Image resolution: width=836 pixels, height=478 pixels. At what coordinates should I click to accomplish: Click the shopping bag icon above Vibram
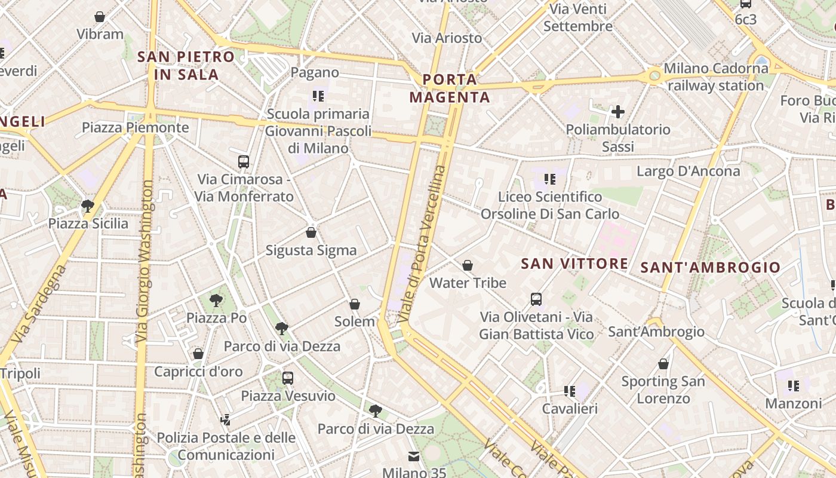[100, 17]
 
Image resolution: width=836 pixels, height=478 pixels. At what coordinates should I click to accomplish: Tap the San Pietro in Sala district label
[186, 66]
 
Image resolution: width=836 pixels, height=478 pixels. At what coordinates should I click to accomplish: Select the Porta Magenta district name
[450, 88]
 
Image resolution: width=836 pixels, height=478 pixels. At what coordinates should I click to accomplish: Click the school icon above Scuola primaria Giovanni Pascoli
[318, 95]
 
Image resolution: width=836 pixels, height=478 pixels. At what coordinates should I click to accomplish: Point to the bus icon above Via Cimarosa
[244, 161]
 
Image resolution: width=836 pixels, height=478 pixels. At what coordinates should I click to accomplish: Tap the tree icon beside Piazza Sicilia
[88, 206]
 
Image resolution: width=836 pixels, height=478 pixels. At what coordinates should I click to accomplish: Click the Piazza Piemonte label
[135, 127]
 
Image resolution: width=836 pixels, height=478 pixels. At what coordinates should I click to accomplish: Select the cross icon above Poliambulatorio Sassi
[618, 111]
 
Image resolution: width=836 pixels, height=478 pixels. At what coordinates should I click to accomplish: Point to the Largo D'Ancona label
[688, 171]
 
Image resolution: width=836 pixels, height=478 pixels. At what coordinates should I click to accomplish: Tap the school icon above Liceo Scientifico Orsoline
[550, 179]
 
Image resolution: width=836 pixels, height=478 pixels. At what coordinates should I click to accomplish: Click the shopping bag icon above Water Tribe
[468, 265]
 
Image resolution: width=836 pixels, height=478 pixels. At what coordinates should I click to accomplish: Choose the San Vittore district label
[574, 263]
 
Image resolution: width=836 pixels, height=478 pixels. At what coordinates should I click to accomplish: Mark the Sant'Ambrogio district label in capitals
[710, 268]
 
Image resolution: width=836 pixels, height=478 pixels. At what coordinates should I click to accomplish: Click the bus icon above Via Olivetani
[536, 299]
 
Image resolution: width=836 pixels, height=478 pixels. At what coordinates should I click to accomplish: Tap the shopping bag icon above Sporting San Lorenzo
[663, 363]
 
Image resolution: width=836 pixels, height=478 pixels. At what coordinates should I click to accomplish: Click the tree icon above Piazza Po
[216, 300]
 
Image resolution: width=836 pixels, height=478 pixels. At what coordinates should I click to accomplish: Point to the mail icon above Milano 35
[414, 456]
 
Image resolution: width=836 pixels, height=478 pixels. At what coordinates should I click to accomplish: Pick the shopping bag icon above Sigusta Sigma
[311, 232]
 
